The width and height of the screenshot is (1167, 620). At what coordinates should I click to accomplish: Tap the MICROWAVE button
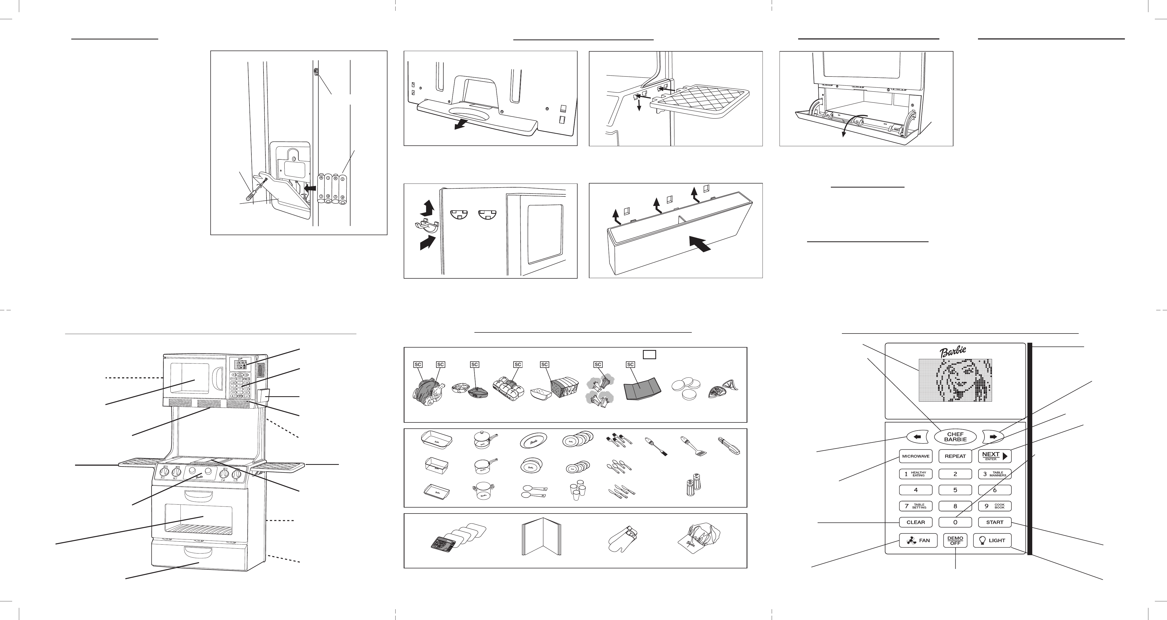[x=916, y=456]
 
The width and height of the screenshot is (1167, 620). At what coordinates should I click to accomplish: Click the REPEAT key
[x=955, y=456]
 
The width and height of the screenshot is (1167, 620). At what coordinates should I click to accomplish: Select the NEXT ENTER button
[x=994, y=456]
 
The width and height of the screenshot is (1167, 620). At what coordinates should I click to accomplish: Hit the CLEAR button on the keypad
[x=916, y=522]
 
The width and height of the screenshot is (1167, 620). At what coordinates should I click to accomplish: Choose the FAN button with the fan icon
[x=918, y=541]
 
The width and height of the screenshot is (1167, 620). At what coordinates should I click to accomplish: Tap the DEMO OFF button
[x=955, y=541]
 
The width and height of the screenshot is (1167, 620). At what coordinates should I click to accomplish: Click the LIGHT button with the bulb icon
[x=992, y=541]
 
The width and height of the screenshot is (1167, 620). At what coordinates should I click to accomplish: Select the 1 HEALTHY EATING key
[x=916, y=474]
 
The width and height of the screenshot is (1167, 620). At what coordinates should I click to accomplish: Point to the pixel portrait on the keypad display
[x=955, y=380]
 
